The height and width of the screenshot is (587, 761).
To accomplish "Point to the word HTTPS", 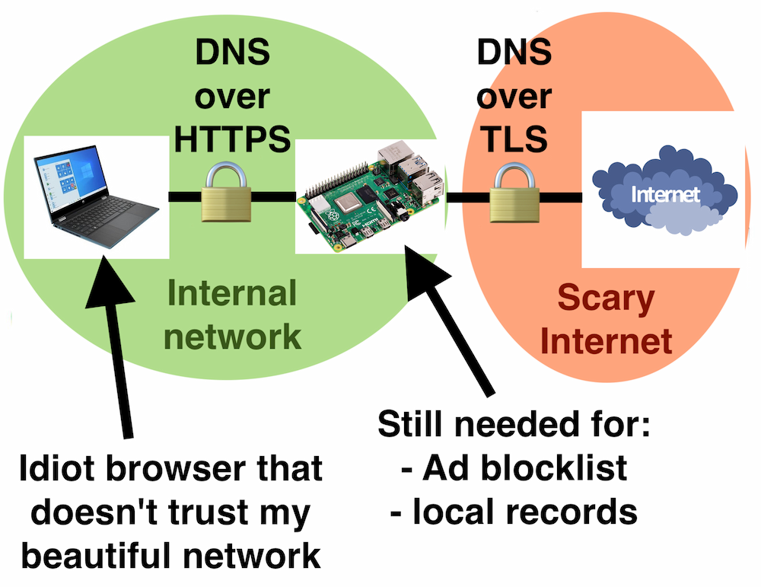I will pyautogui.click(x=233, y=139).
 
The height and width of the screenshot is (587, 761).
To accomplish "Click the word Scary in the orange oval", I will pyautogui.click(x=606, y=299).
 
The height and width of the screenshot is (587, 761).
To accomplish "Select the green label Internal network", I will pyautogui.click(x=233, y=314).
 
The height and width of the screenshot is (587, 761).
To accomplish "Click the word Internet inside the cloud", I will pyautogui.click(x=665, y=195).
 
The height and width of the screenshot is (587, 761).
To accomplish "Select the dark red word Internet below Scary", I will pyautogui.click(x=606, y=341).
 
